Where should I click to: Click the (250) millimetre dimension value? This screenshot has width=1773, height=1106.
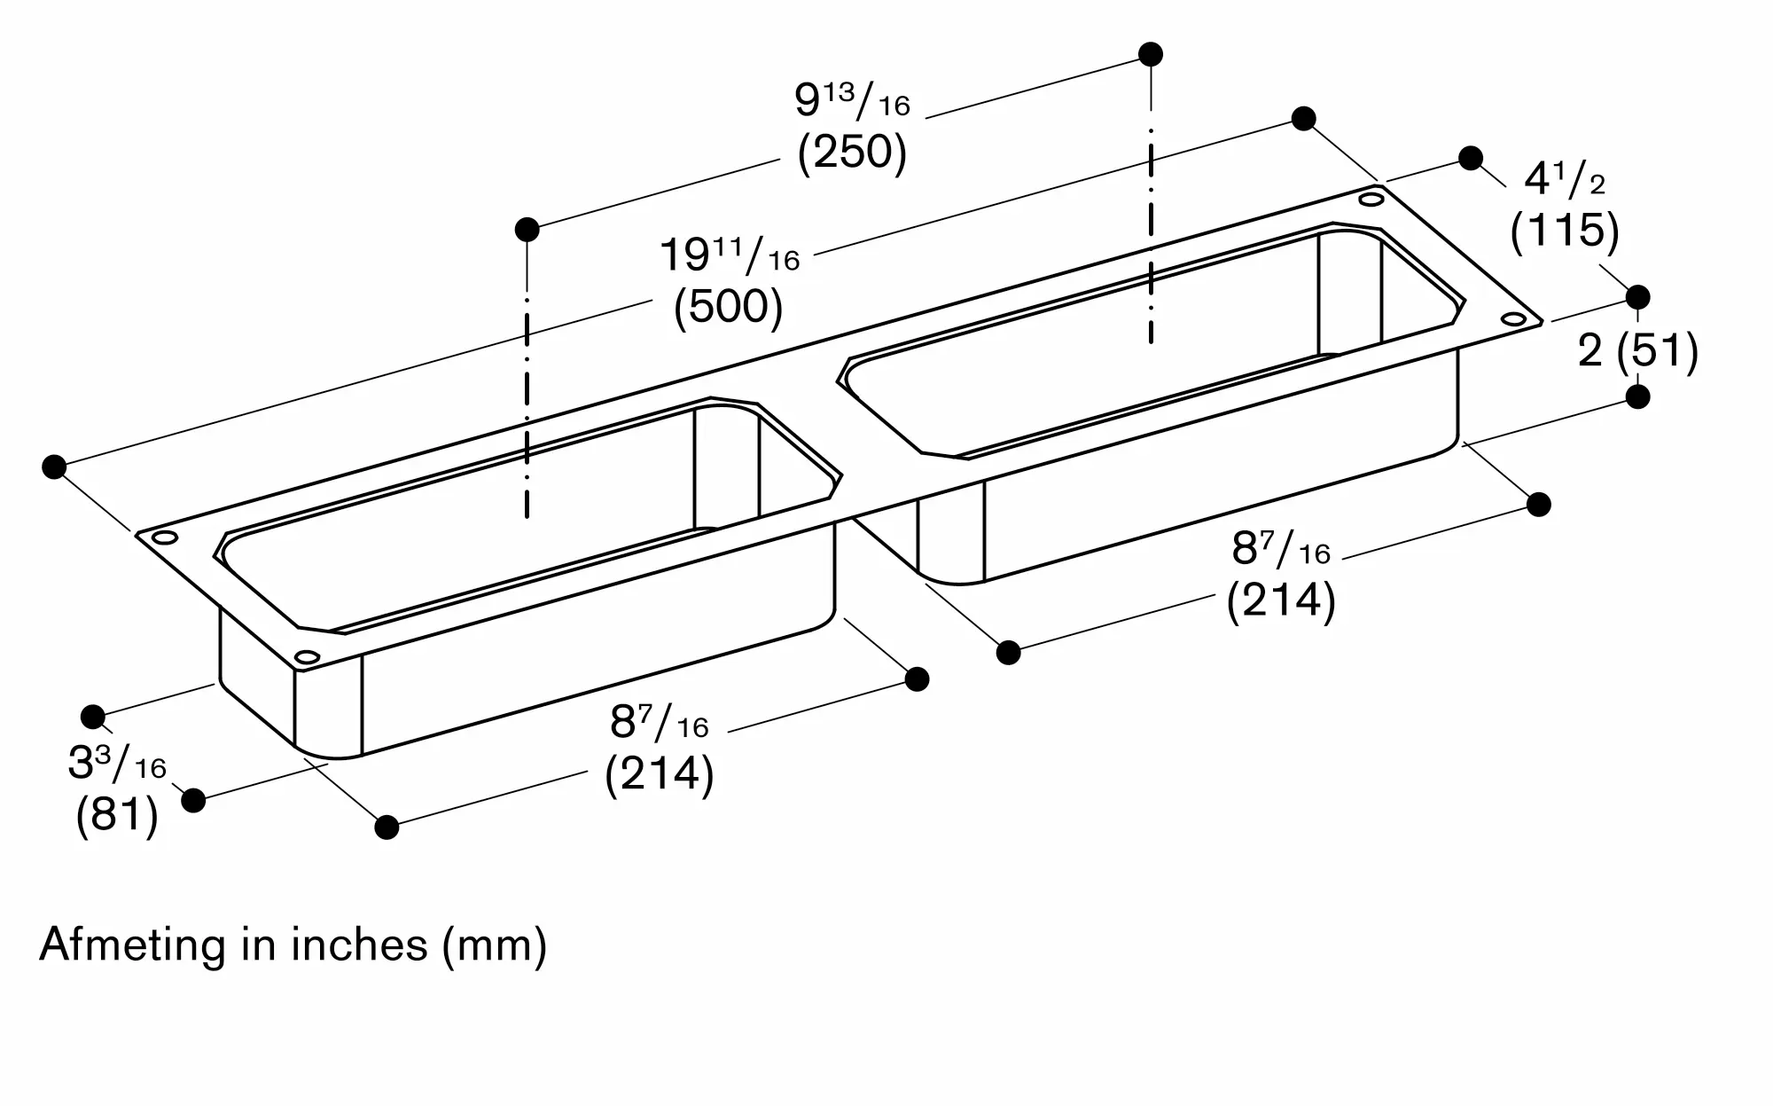(x=852, y=153)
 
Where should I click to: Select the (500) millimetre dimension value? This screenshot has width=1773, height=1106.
(x=729, y=308)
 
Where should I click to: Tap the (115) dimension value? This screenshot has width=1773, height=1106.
(x=1565, y=231)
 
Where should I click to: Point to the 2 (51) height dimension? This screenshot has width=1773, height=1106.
(x=1638, y=351)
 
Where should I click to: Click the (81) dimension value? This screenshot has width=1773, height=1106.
(x=117, y=814)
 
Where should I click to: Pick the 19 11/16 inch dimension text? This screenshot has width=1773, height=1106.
(x=730, y=255)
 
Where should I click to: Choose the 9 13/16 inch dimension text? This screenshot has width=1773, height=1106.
(x=852, y=101)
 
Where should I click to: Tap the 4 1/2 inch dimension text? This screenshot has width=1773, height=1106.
(x=1565, y=180)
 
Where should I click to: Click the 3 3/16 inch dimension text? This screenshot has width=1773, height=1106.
(x=117, y=763)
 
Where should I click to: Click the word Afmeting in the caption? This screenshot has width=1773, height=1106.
(x=133, y=945)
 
